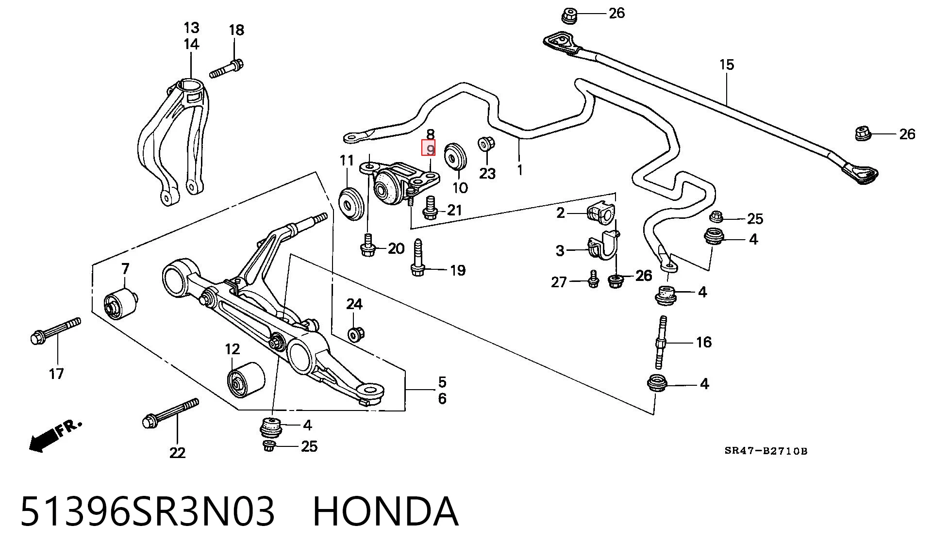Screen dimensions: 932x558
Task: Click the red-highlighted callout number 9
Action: pos(428,148)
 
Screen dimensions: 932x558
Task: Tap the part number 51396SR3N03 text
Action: pos(148,512)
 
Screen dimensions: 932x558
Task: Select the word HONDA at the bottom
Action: pos(385,512)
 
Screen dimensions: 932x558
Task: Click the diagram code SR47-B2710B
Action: pos(766,451)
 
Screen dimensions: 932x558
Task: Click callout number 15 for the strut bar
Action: pos(727,65)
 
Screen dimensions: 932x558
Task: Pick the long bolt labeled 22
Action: pos(170,413)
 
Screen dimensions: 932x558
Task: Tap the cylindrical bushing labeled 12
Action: pos(246,379)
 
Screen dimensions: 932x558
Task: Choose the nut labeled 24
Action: pos(356,333)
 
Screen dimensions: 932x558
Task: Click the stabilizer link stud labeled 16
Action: pos(662,343)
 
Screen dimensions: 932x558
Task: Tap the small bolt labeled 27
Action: pos(593,279)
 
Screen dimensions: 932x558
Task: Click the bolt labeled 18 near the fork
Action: pos(226,68)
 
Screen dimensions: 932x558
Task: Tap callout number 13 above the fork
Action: pos(191,27)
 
